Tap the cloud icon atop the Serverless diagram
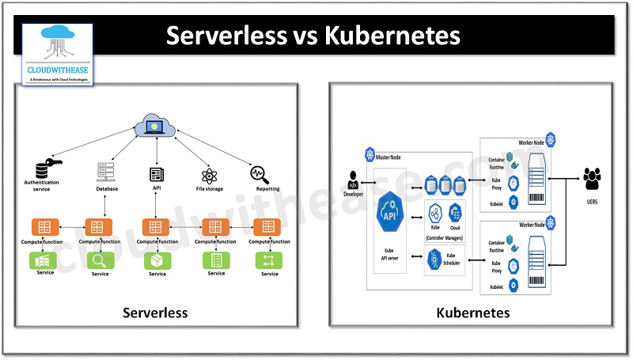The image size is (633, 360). click(x=157, y=125)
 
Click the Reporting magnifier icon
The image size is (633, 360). click(x=259, y=173)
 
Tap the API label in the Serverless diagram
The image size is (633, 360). click(x=157, y=190)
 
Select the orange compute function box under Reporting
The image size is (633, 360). click(x=269, y=226)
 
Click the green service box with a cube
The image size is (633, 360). click(x=157, y=260)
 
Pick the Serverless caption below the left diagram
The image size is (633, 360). click(x=155, y=313)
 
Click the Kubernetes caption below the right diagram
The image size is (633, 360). click(x=473, y=313)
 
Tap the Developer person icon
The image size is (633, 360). click(x=353, y=180)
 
